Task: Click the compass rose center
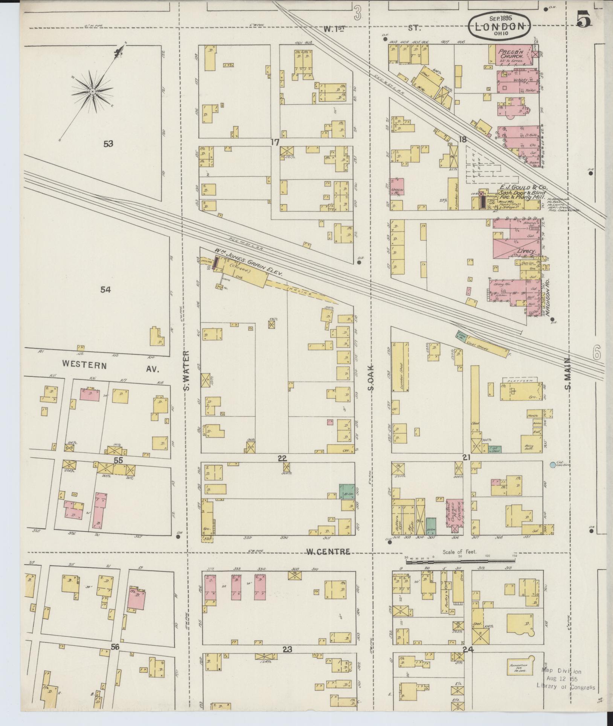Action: (92, 92)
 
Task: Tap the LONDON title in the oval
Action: (500, 27)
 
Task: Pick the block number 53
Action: (108, 144)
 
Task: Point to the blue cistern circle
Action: (552, 465)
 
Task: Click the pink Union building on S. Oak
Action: (397, 187)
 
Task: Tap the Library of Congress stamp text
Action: (566, 686)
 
